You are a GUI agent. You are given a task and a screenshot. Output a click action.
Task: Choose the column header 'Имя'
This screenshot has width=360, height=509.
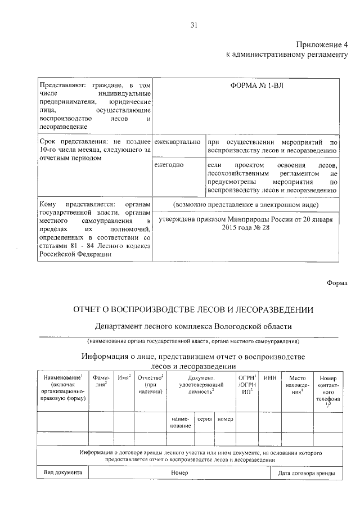point(124,377)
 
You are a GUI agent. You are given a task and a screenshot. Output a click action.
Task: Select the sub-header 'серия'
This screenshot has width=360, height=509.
point(204,420)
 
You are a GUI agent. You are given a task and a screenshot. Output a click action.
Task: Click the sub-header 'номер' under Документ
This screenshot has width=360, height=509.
point(225,420)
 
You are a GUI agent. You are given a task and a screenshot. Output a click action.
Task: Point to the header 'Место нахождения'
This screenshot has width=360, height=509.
point(296,385)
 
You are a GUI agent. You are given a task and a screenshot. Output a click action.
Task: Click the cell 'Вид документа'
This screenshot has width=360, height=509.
point(63,472)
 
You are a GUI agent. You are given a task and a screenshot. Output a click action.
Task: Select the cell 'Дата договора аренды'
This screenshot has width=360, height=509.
point(306,473)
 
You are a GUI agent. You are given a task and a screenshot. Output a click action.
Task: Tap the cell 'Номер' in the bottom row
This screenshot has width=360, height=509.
point(179,473)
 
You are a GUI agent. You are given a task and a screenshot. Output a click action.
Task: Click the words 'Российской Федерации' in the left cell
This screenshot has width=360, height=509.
point(75,254)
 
